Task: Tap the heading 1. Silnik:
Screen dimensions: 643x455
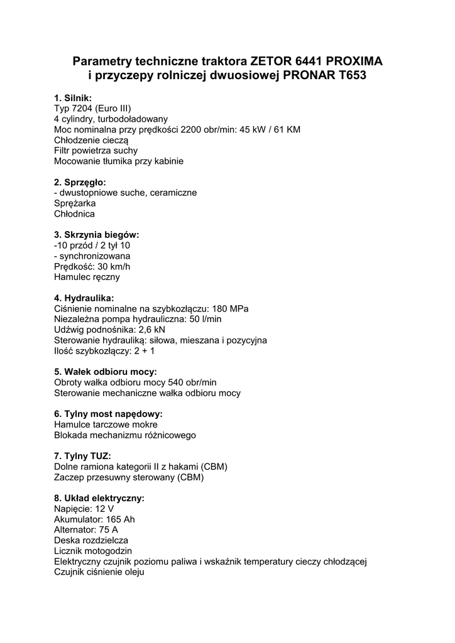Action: tap(73, 98)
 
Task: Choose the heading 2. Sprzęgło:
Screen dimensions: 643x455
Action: tap(80, 182)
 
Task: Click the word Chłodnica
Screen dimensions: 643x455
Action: tap(74, 214)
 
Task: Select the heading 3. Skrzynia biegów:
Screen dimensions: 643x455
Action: tap(97, 235)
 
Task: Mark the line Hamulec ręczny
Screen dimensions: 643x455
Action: tap(87, 277)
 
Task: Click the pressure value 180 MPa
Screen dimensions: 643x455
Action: tap(230, 308)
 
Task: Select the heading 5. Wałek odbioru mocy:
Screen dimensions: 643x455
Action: tap(106, 372)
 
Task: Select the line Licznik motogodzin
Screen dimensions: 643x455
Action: tap(93, 551)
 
